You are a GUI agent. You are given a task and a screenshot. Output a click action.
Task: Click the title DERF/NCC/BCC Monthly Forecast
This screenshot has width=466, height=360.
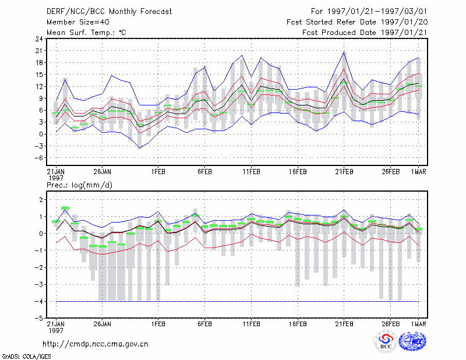109,12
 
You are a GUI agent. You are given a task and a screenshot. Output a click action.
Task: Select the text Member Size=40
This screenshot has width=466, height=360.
78,22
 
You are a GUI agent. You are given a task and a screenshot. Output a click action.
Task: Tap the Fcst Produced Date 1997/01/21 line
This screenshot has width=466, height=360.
365,33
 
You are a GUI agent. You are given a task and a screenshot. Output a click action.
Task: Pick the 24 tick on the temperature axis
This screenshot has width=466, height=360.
39,39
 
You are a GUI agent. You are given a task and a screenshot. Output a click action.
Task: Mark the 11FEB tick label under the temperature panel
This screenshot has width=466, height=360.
252,172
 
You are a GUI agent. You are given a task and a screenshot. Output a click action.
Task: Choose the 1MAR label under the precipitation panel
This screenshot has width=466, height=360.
418,324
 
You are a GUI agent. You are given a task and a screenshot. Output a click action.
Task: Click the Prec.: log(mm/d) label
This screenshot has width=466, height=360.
79,185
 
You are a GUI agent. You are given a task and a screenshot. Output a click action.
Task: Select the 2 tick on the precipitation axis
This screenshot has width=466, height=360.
41,199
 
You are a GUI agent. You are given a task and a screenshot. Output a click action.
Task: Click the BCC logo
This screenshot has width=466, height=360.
386,342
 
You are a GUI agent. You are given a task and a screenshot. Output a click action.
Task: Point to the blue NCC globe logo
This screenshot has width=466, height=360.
412,341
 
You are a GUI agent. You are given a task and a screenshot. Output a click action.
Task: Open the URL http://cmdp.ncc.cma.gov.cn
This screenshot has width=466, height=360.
96,344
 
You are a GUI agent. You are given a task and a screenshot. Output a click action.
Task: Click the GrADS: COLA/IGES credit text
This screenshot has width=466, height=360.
27,357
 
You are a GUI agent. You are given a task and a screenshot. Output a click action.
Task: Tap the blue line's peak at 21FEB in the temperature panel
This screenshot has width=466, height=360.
344,52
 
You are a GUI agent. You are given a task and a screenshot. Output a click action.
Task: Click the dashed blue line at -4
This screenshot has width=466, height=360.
237,301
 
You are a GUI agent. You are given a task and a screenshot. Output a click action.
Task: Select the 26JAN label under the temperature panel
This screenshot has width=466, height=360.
103,172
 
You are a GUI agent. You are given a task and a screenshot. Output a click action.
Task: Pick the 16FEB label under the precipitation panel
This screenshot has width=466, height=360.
298,324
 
